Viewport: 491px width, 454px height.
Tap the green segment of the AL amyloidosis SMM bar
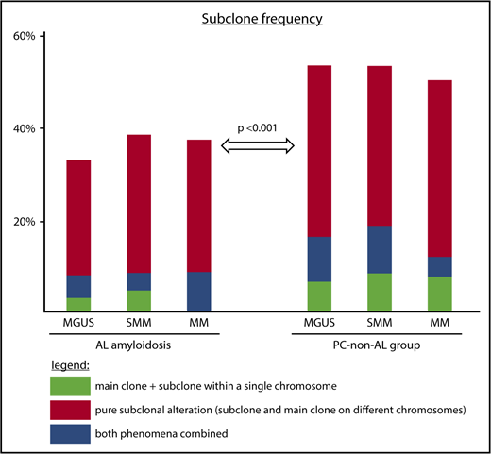click(x=139, y=301)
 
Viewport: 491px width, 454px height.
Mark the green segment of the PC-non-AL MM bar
click(x=439, y=294)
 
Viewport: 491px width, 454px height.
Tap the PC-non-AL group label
click(x=381, y=345)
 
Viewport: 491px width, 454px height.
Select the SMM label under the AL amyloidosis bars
click(x=139, y=325)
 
